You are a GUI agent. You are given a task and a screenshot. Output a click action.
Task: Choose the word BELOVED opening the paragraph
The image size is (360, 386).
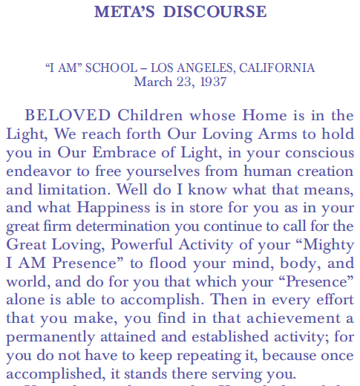(68, 116)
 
